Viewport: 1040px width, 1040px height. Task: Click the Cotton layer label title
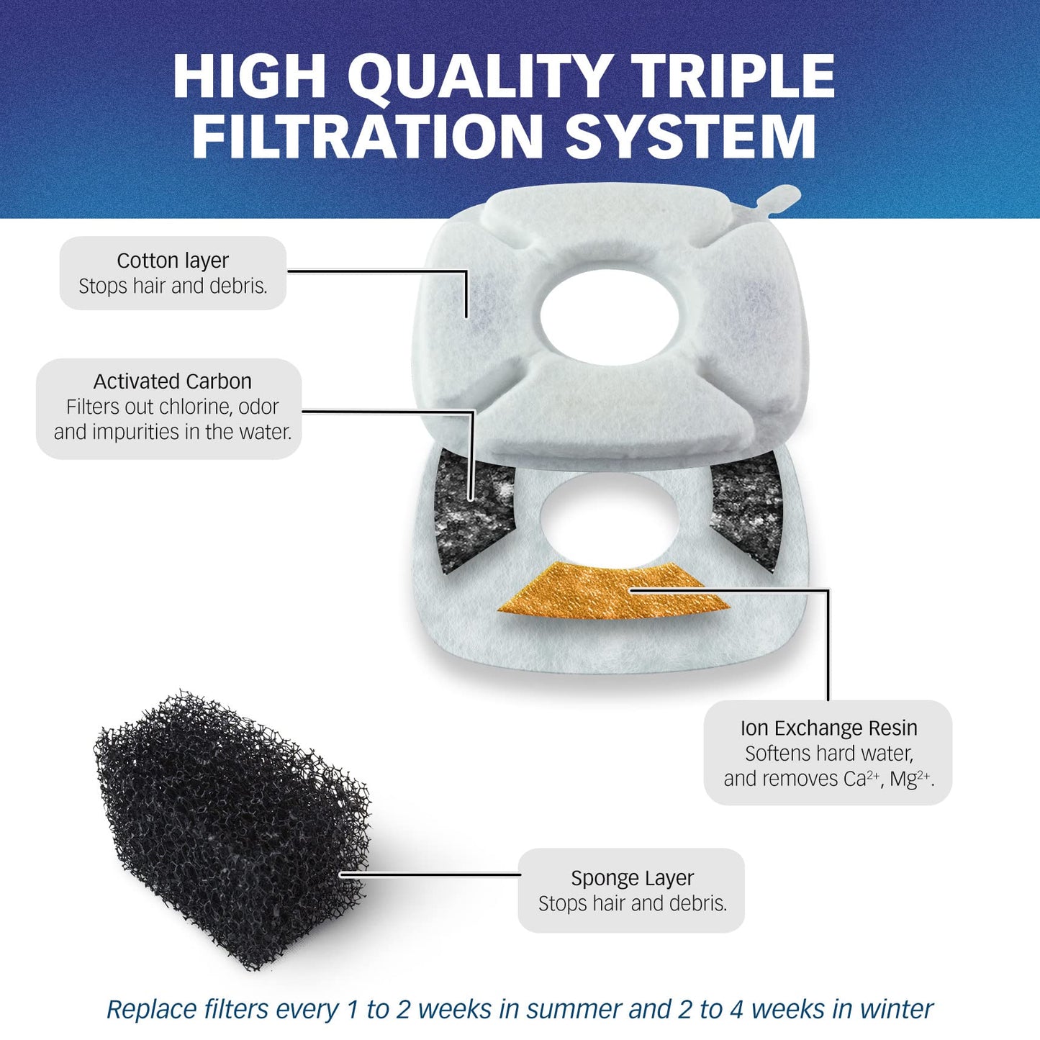(173, 261)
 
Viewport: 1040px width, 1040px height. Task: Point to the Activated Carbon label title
(173, 381)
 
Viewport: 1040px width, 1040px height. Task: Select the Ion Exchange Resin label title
(828, 728)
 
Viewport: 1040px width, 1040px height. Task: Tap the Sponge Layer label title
(632, 878)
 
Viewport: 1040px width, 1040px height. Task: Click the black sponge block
(230, 828)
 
